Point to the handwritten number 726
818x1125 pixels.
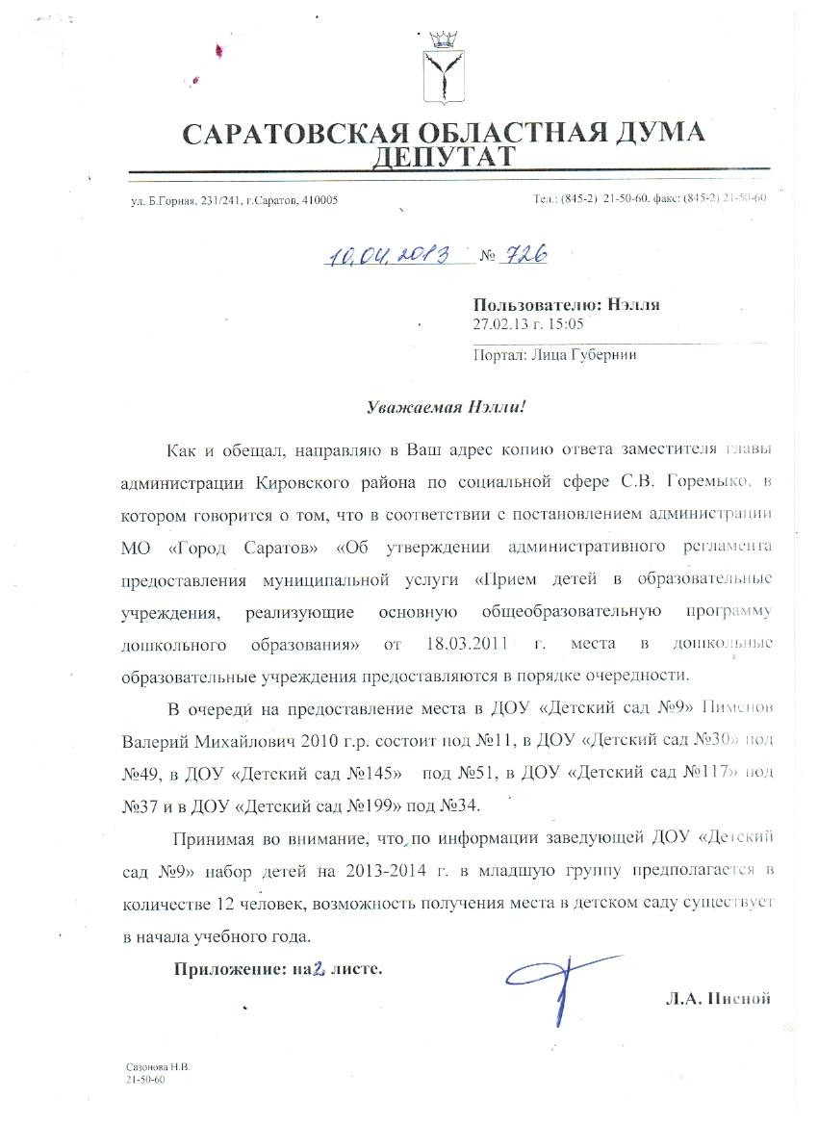click(x=524, y=253)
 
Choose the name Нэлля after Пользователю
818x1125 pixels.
click(x=635, y=304)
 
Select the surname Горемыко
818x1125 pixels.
click(x=719, y=480)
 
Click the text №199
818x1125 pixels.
click(x=390, y=804)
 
